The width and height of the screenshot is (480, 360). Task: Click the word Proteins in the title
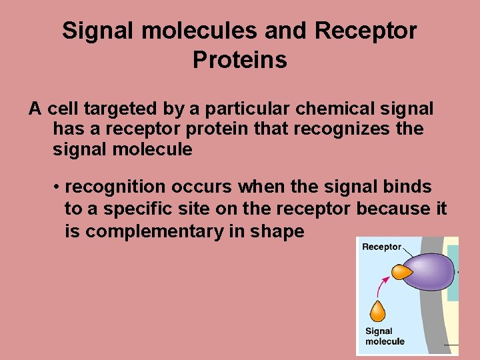(239, 60)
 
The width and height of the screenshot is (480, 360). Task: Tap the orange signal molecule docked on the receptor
(401, 272)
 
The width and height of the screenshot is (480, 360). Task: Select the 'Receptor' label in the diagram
(381, 247)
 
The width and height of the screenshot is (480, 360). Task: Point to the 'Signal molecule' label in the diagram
(385, 336)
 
